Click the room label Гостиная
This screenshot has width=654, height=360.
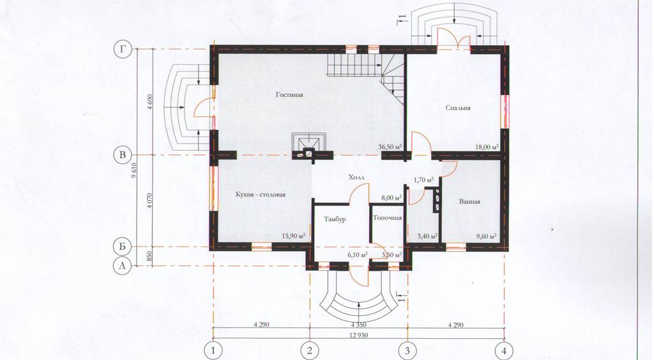(289, 94)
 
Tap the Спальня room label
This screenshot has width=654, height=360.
(458, 108)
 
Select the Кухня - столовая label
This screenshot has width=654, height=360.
(261, 195)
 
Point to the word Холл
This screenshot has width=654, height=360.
(356, 177)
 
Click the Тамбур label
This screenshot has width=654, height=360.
(335, 219)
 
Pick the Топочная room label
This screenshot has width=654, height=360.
(387, 218)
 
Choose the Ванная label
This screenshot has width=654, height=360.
(469, 202)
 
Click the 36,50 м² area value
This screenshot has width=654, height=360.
(390, 147)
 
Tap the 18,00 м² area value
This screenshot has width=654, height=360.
(487, 147)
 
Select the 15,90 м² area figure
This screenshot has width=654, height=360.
(294, 236)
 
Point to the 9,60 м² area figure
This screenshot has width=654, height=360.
(486, 236)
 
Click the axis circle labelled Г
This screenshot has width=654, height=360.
(122, 49)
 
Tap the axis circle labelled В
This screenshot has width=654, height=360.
(122, 155)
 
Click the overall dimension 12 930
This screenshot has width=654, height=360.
(359, 335)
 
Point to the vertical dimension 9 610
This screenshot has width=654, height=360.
(133, 182)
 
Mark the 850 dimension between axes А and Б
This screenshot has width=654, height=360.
(149, 256)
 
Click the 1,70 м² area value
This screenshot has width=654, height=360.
(423, 181)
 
